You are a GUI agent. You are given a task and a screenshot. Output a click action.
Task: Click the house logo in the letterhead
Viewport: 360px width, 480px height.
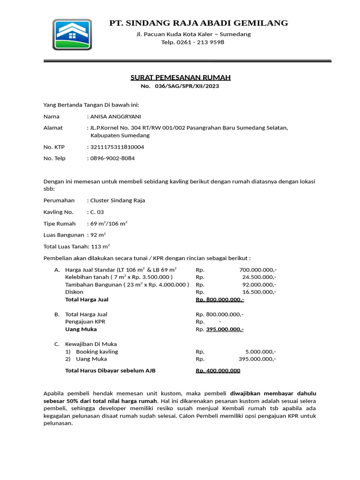click(x=72, y=34)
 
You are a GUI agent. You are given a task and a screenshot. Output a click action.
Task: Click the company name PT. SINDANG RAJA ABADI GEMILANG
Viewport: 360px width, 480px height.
click(x=198, y=23)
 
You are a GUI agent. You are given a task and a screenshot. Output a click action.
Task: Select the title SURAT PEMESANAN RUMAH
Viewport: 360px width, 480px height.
click(x=180, y=77)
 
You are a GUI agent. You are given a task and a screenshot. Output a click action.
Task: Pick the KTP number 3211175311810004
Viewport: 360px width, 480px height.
click(x=117, y=147)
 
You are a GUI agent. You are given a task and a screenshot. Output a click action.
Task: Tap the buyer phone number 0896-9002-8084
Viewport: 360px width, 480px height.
click(x=112, y=158)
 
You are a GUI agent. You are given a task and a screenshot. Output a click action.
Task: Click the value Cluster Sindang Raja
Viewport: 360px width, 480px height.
click(x=117, y=201)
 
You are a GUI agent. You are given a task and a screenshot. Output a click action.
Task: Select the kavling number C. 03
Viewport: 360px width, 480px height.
click(x=97, y=212)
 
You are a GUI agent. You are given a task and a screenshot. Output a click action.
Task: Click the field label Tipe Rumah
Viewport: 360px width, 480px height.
click(x=60, y=224)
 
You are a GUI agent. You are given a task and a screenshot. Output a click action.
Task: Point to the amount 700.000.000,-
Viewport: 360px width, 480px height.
click(x=257, y=270)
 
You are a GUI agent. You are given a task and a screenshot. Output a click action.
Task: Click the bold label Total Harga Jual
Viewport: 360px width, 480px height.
click(x=87, y=300)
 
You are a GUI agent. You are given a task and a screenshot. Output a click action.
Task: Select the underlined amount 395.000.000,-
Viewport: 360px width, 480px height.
click(x=225, y=329)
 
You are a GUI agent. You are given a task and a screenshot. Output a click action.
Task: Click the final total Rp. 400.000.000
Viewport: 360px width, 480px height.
click(x=218, y=371)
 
